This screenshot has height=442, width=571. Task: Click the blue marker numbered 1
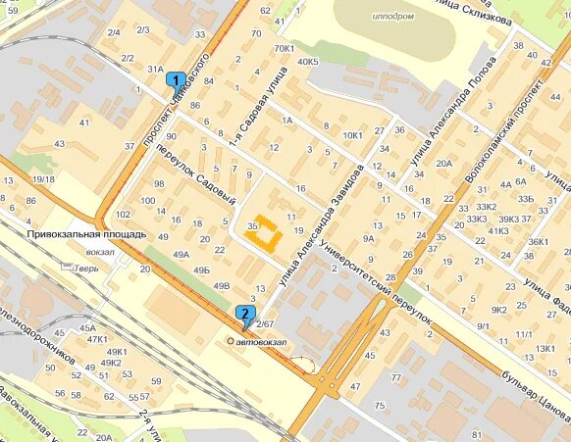coord(176,80)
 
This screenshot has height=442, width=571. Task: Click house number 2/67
coord(263,323)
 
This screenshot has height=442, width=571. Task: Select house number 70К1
coord(285,48)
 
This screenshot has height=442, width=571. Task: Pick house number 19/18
coord(42,179)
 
